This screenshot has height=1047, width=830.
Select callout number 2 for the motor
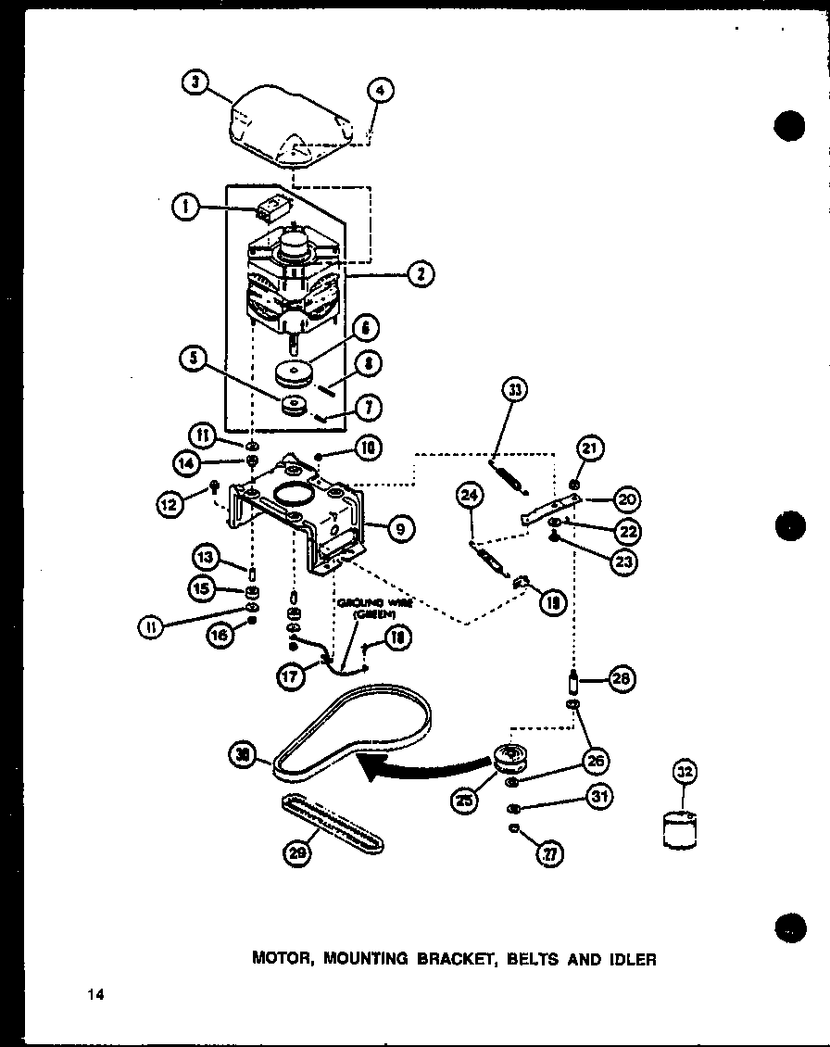click(421, 273)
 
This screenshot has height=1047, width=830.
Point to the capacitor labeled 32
click(681, 828)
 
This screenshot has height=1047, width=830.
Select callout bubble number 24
click(470, 498)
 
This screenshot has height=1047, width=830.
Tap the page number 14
click(95, 995)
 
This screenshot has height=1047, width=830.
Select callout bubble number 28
click(621, 679)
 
